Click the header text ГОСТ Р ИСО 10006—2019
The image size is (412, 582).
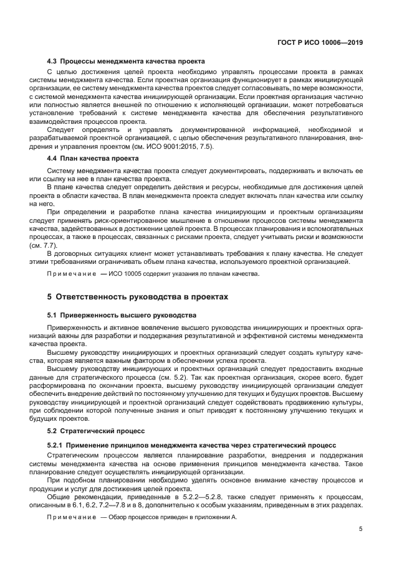(x=320, y=43)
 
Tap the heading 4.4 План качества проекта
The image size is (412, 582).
(x=93, y=158)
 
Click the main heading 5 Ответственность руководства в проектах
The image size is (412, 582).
(x=138, y=297)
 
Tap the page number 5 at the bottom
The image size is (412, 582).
(x=360, y=530)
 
